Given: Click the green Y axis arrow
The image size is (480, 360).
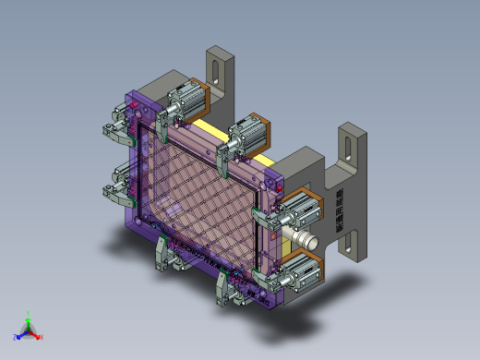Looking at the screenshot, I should coord(29,316).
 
